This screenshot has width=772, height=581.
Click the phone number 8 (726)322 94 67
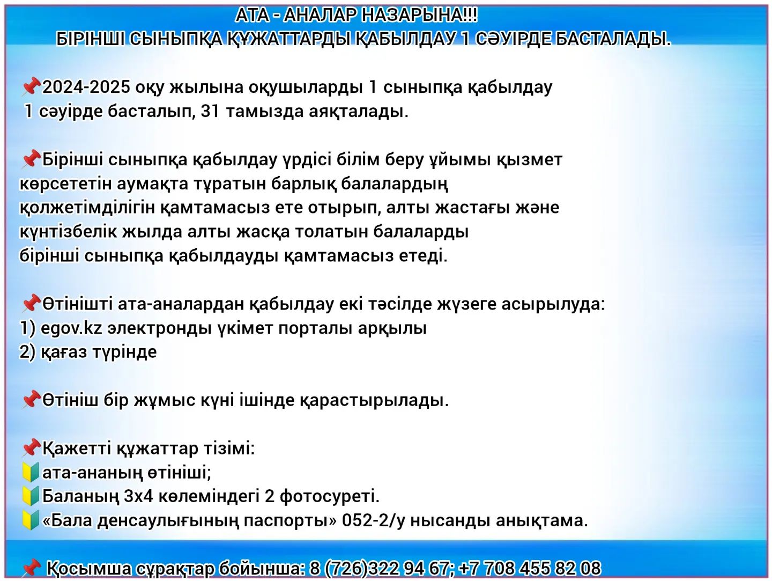click(379, 568)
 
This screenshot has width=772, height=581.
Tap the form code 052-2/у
click(373, 521)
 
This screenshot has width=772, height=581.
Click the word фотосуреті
click(330, 497)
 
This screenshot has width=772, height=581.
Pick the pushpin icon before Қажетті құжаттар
click(31, 447)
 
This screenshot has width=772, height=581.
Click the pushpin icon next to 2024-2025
click(31, 87)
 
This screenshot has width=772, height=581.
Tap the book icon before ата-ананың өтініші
click(31, 472)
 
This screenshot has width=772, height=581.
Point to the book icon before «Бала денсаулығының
click(31, 521)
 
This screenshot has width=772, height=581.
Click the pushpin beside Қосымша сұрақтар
click(31, 568)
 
